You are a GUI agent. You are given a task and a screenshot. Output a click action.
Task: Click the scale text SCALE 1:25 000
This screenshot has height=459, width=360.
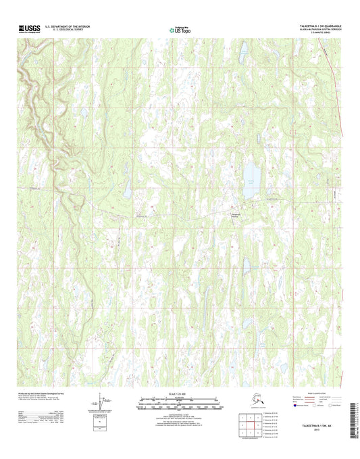[x=180, y=394]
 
